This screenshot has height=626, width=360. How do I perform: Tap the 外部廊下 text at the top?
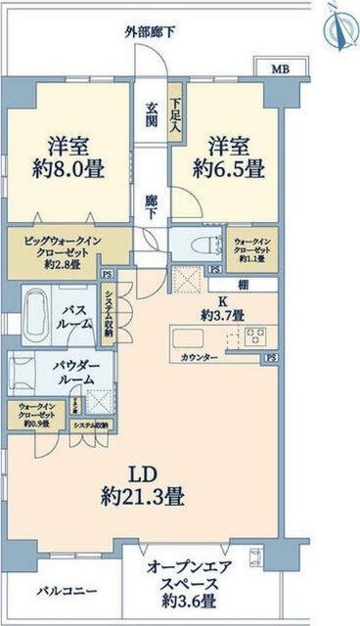[151, 32]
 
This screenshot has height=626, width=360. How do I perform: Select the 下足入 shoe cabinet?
[176, 113]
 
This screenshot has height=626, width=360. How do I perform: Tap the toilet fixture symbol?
[193, 244]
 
